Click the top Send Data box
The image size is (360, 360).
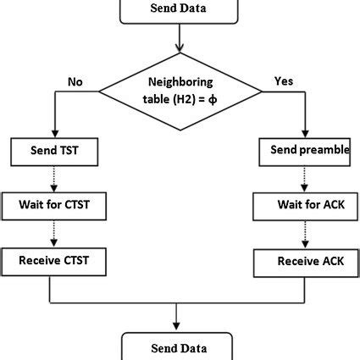tap(179, 10)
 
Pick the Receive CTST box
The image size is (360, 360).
tap(55, 260)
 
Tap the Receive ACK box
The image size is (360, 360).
tap(303, 262)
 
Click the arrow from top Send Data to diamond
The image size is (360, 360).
tap(179, 39)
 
